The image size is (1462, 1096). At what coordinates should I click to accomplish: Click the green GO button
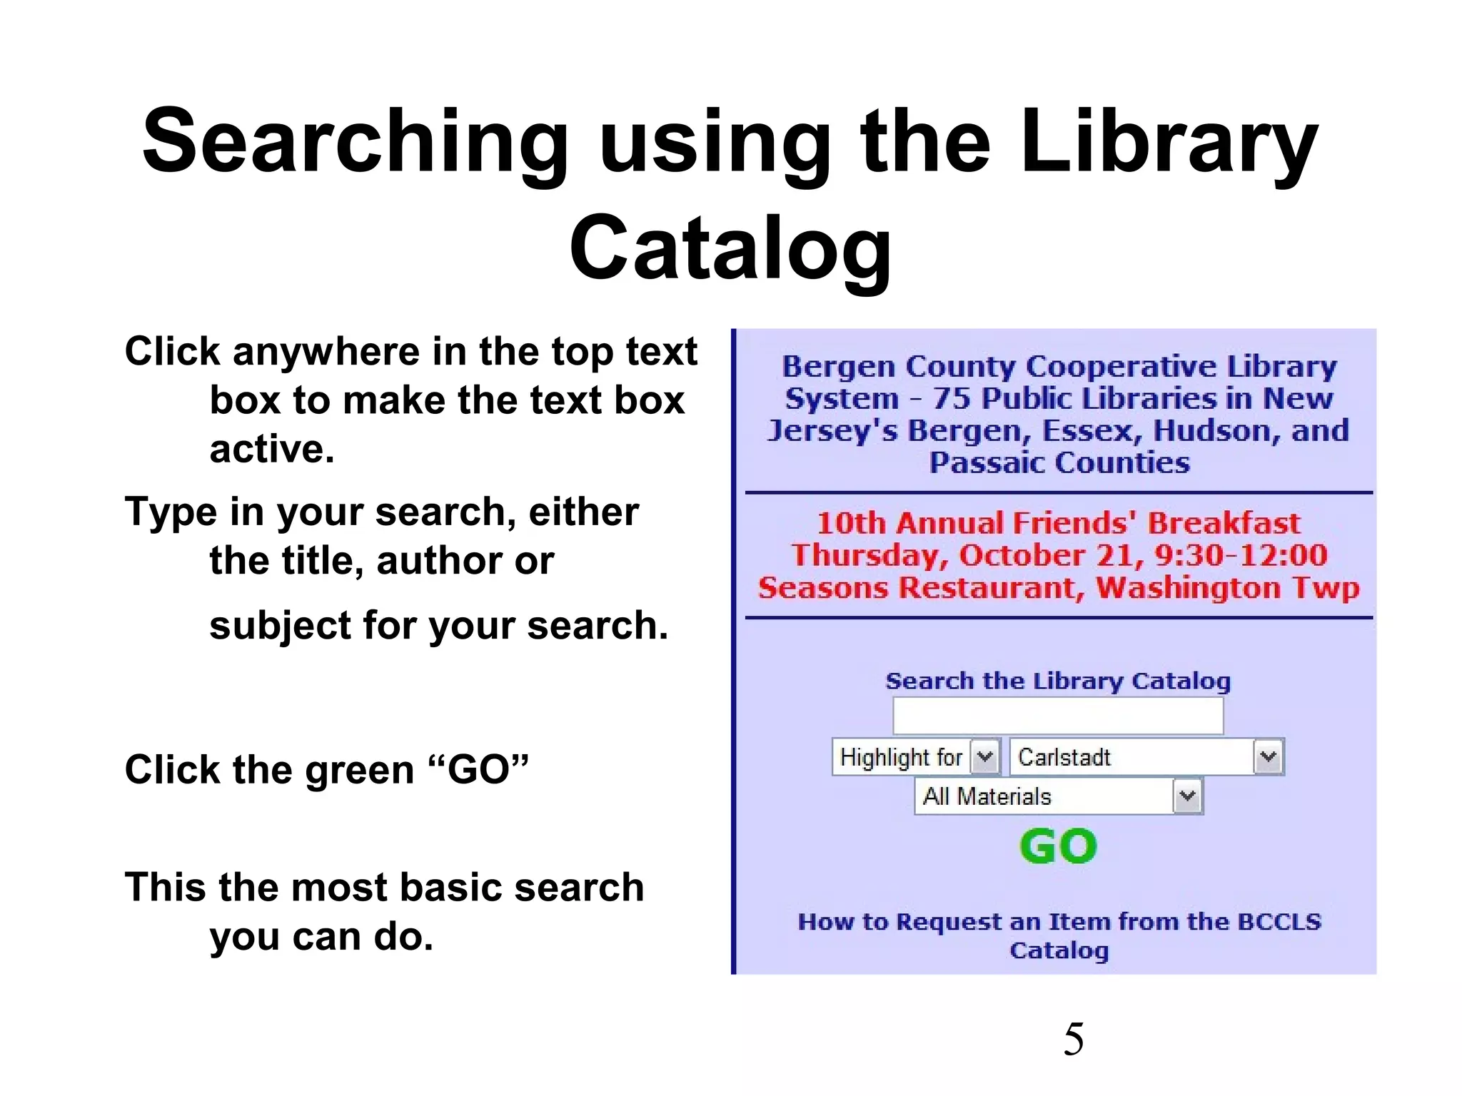(x=1058, y=847)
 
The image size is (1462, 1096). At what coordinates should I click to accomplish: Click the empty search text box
(x=1058, y=716)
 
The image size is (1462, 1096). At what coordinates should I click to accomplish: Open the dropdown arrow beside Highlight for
(x=985, y=756)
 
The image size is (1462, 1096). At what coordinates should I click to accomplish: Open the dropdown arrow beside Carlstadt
(x=1269, y=757)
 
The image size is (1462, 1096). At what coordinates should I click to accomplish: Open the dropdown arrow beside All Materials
(x=1187, y=796)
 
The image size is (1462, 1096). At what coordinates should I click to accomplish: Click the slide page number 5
(x=1073, y=1039)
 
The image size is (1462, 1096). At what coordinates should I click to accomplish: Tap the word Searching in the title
(x=355, y=141)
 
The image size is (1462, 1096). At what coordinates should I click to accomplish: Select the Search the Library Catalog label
(x=1058, y=681)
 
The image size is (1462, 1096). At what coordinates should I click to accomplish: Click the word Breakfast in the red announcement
(x=1224, y=523)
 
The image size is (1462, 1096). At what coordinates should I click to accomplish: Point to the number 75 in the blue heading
(x=952, y=398)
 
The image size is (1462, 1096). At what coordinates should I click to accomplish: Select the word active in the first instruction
(x=271, y=449)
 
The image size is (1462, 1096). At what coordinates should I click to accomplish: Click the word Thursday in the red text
(x=867, y=555)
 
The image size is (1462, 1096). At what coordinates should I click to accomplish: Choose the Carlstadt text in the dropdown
(x=1064, y=757)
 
